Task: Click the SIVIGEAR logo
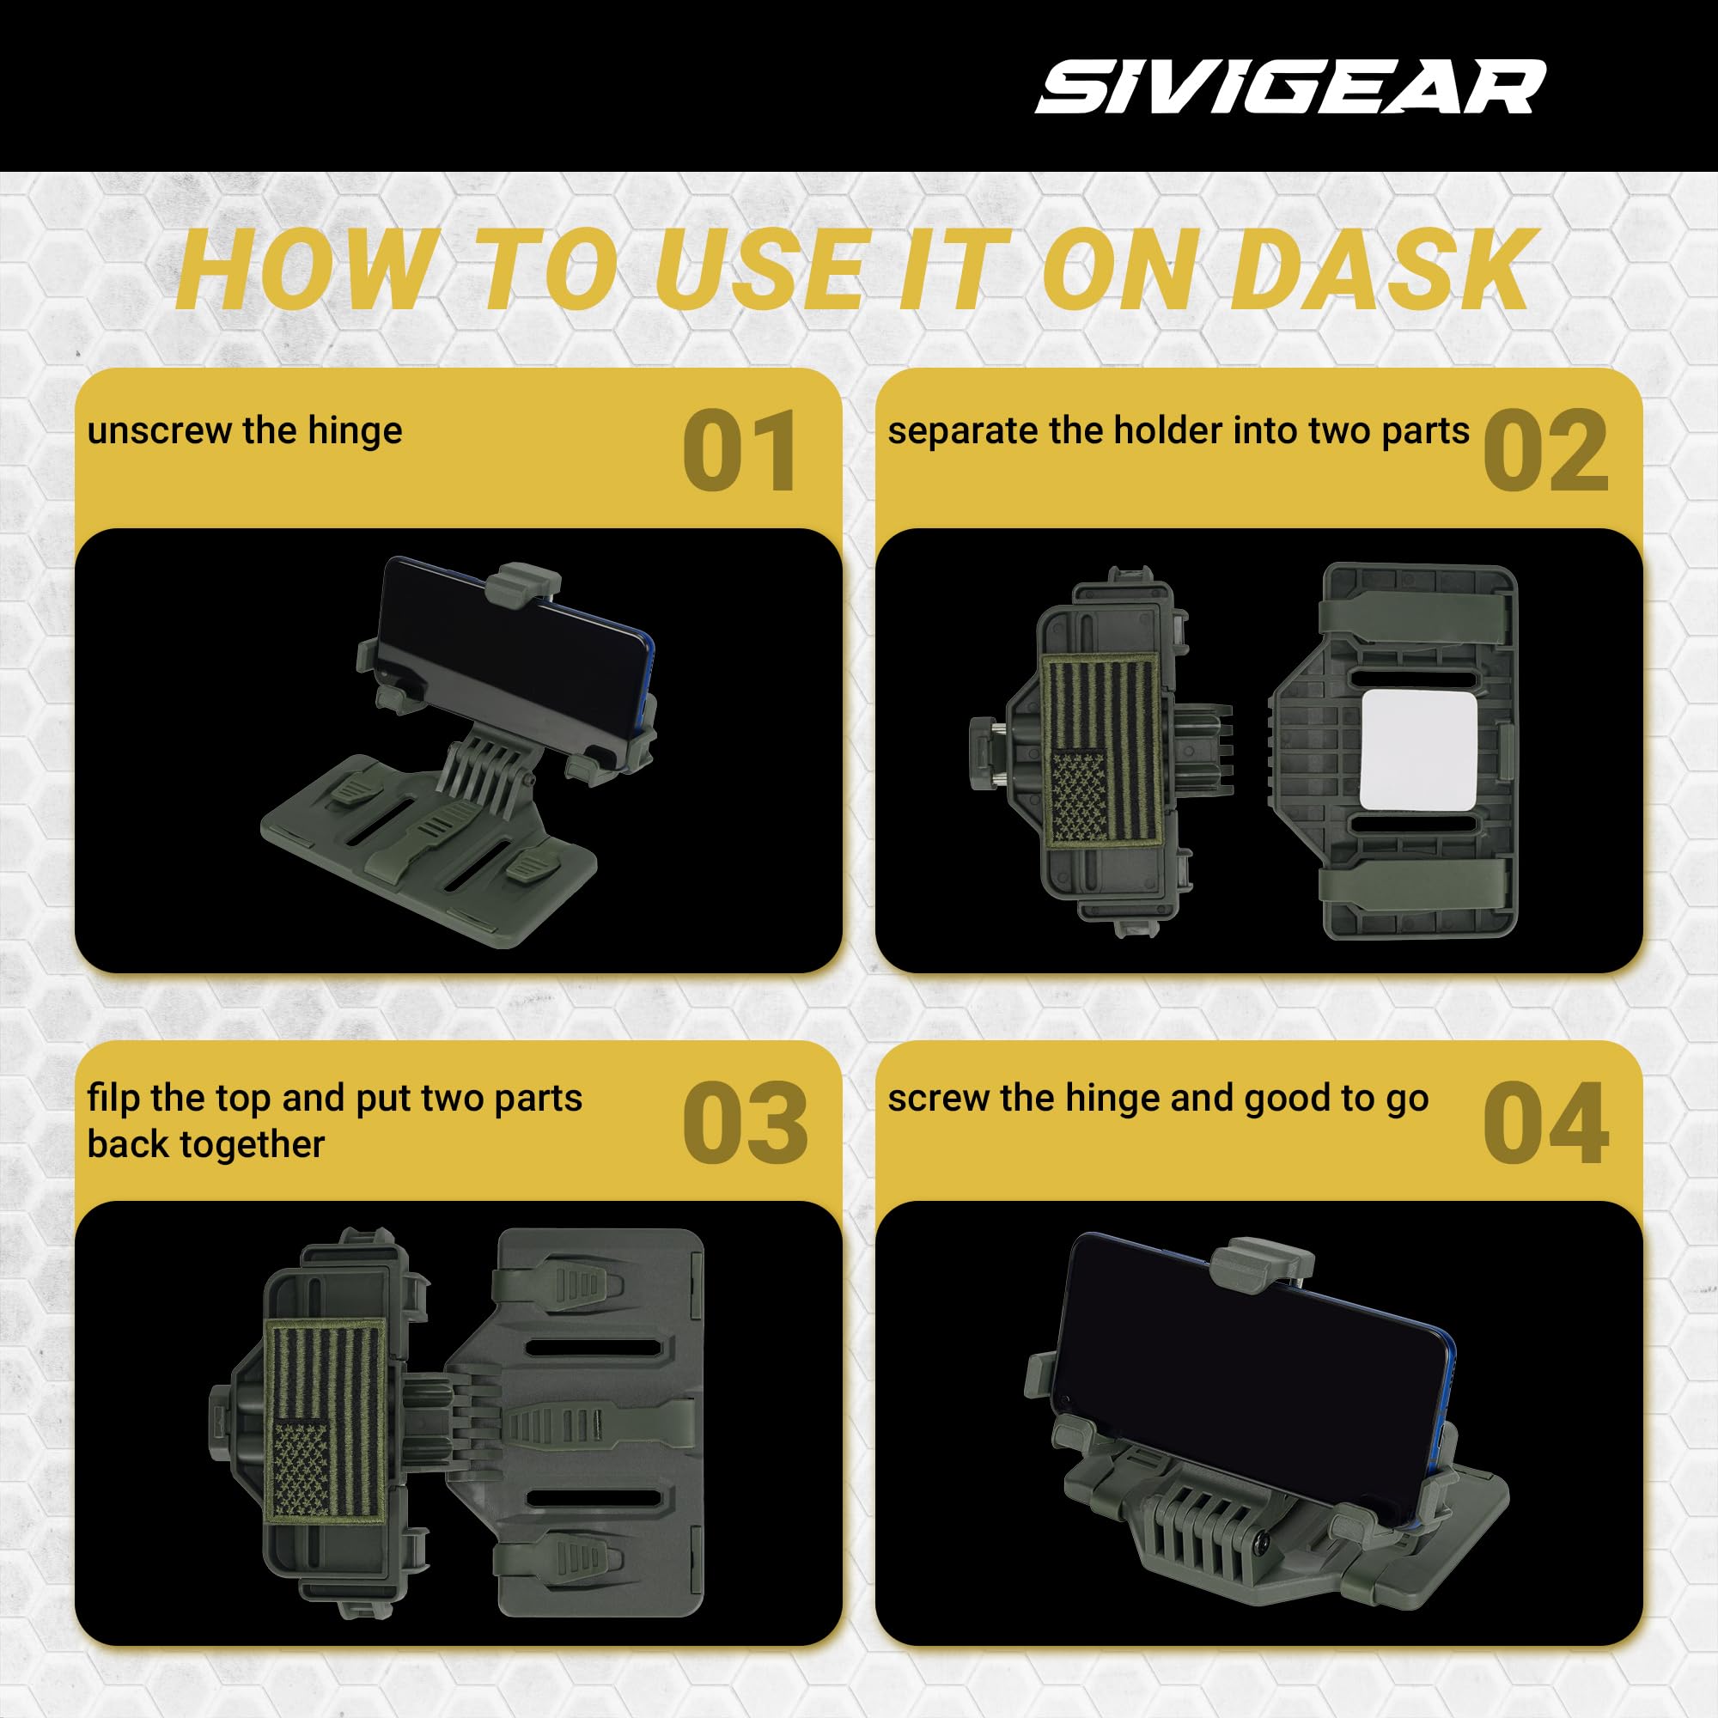pos(1290,87)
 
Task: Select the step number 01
pos(740,452)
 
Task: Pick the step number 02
pos(1545,452)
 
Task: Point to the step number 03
pos(745,1123)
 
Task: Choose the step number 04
pos(1545,1123)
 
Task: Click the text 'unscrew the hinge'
pos(245,430)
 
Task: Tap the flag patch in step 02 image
pos(1103,749)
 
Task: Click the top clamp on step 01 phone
pos(524,581)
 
